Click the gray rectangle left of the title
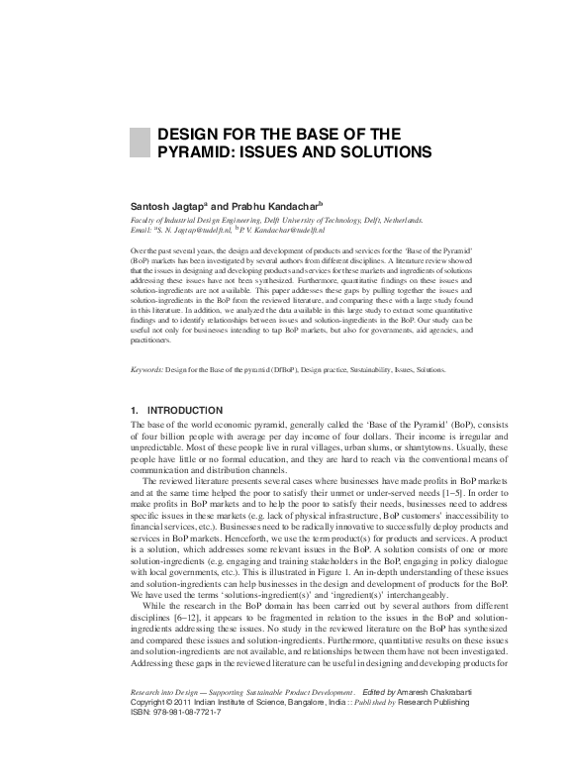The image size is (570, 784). (x=139, y=143)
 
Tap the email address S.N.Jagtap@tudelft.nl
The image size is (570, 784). (x=198, y=229)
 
